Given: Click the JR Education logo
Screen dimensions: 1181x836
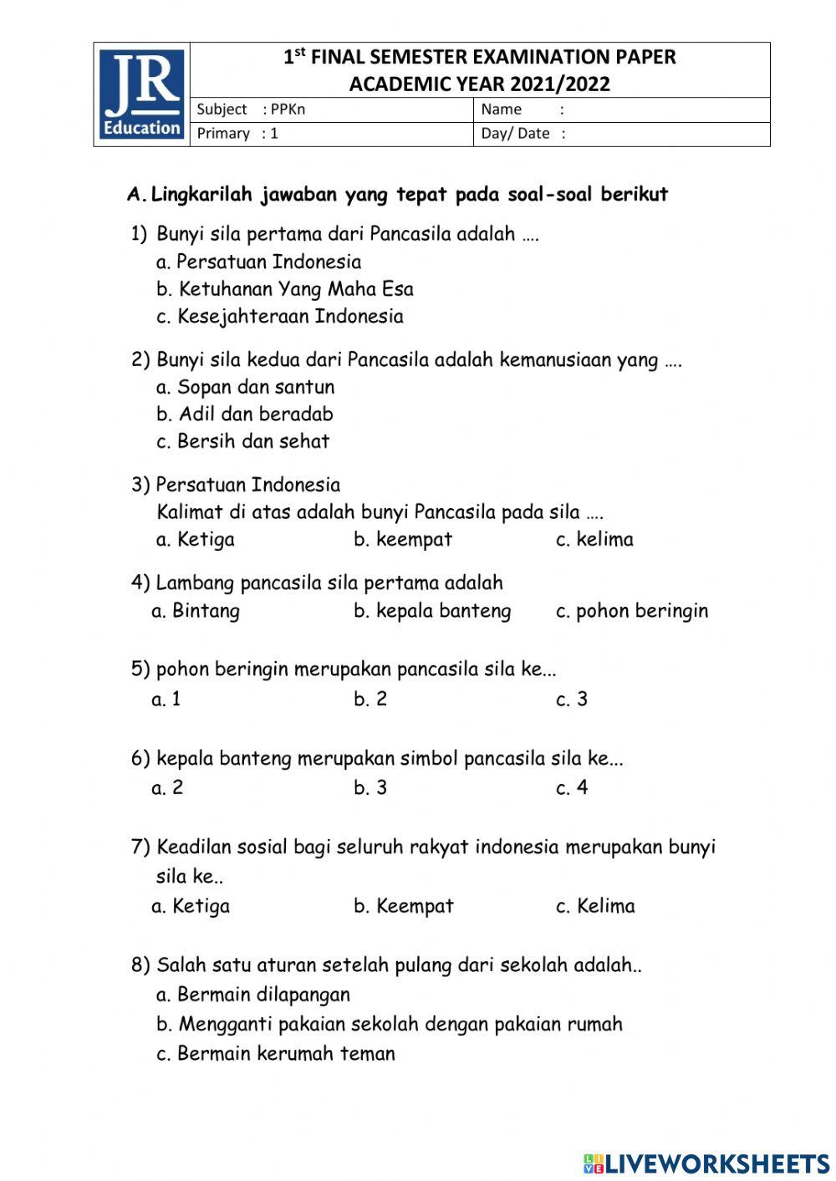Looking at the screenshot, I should tap(141, 94).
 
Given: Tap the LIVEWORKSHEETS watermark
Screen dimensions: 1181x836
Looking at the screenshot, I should tap(706, 1163).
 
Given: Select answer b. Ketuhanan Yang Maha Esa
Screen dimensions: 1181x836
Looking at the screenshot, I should tap(285, 289).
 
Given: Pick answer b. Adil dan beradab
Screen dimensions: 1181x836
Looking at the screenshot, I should tap(245, 415).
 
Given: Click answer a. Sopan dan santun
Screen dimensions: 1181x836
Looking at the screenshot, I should tap(245, 387).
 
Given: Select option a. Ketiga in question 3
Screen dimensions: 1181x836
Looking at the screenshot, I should tap(195, 540).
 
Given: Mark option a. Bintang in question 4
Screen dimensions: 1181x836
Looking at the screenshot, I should tap(195, 611).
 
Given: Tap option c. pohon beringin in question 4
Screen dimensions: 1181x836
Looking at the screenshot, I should tap(631, 611).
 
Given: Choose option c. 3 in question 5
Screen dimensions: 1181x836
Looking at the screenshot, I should tap(572, 700).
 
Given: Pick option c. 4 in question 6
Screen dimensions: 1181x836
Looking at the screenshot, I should tap(572, 788).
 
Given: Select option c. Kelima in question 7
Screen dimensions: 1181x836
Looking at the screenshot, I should tap(595, 906).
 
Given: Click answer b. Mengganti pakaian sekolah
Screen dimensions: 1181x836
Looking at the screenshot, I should tap(390, 1024).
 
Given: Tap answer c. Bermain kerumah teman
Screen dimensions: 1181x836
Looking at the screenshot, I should tap(276, 1053).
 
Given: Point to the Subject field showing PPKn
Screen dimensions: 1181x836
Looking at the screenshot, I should tap(251, 109).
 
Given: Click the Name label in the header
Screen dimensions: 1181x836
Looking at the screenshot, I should tap(502, 109).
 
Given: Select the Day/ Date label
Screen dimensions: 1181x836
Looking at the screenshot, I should tap(516, 134).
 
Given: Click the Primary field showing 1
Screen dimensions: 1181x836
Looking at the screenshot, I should tap(237, 134).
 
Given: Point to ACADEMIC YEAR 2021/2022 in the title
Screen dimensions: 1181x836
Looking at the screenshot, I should tap(479, 84).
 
